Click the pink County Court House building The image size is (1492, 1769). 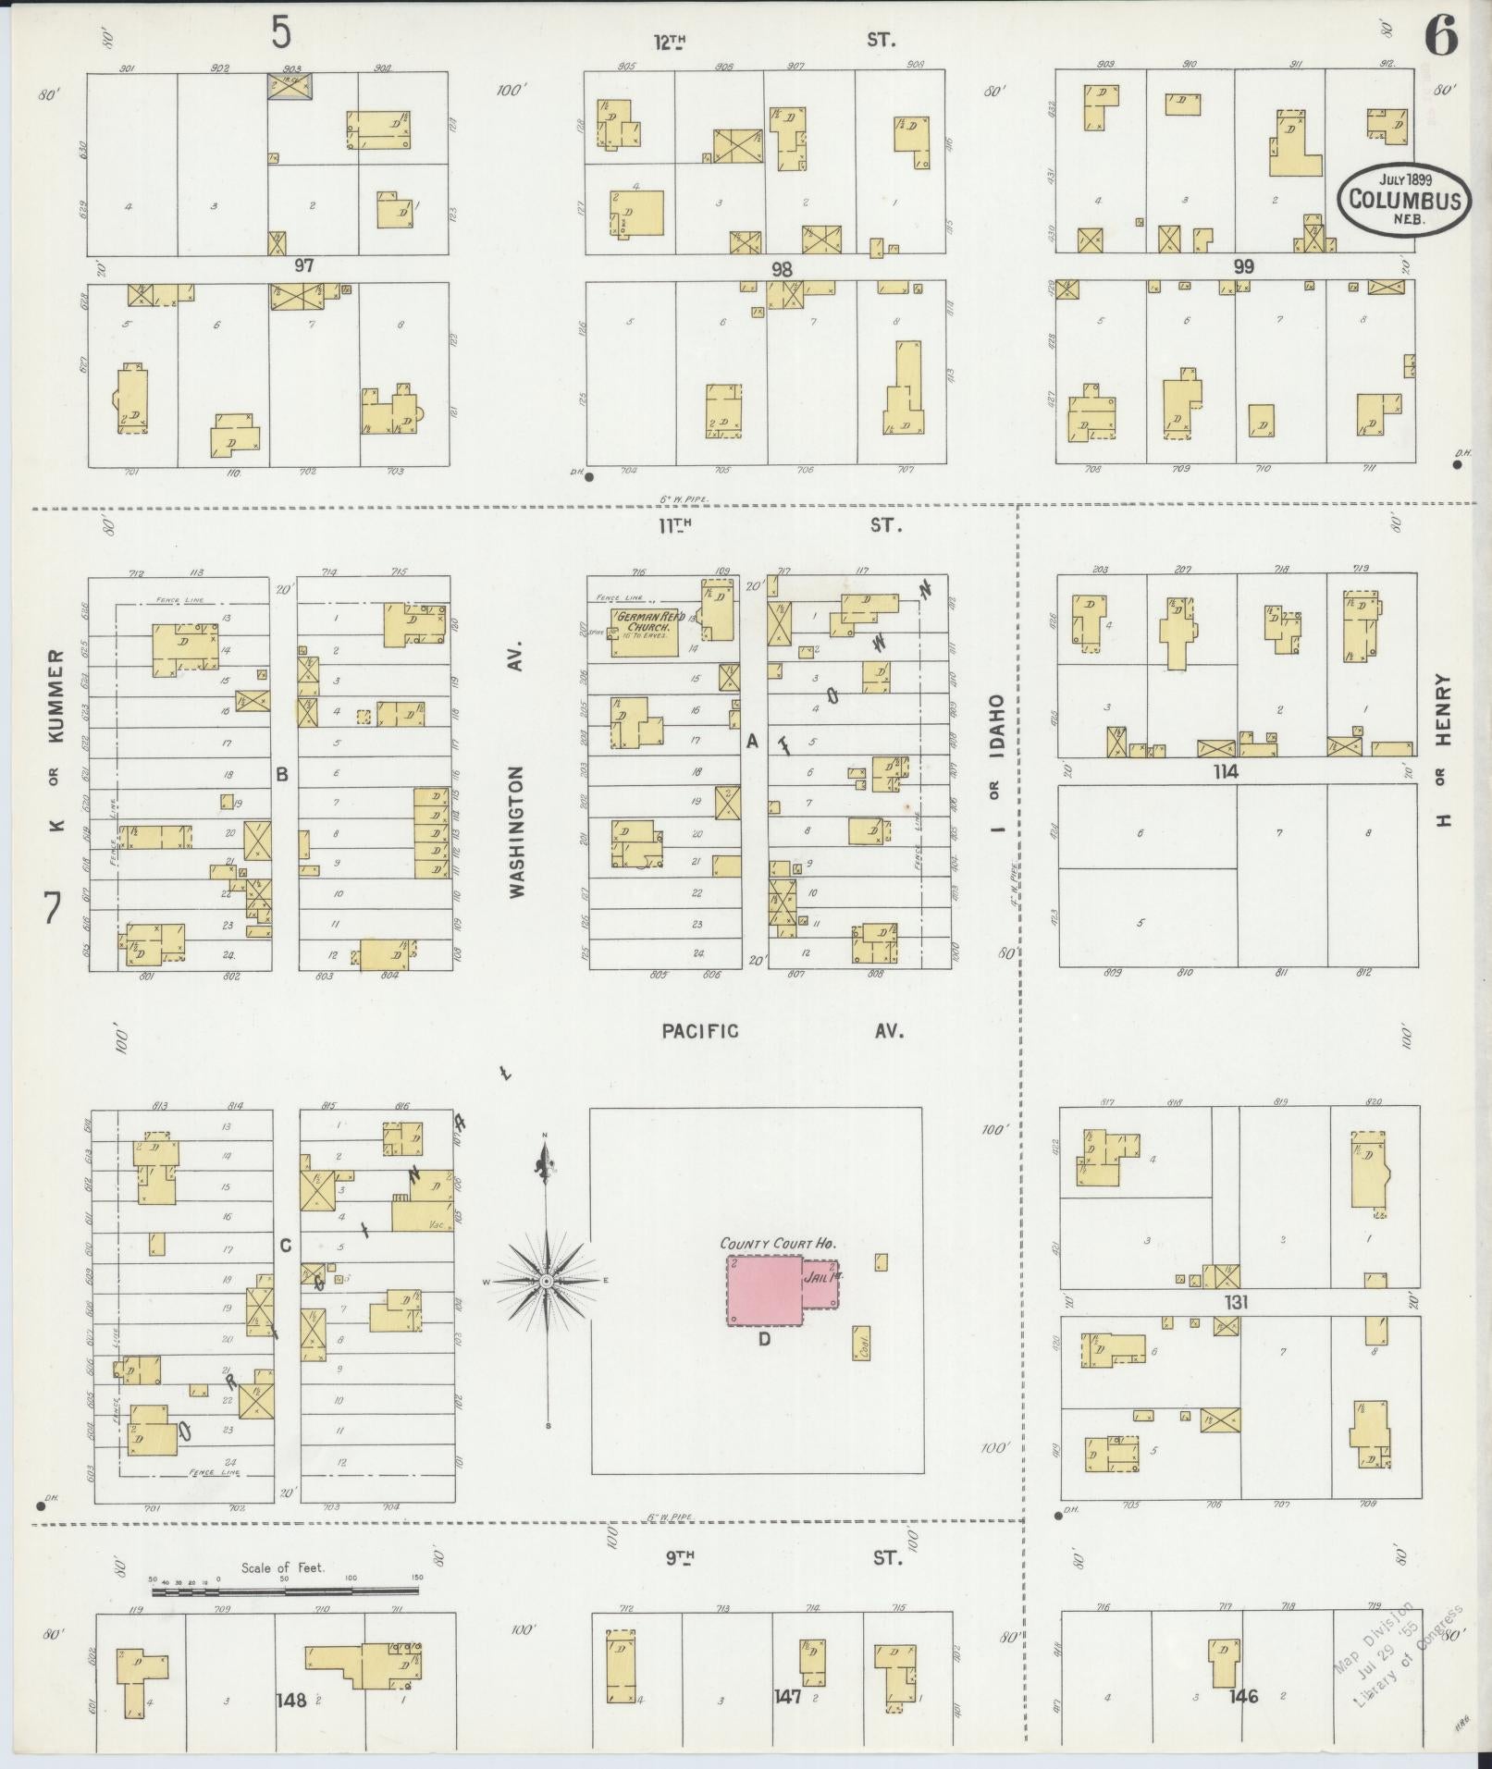[x=764, y=1290]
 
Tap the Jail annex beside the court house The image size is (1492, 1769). [x=820, y=1284]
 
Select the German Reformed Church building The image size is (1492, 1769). [x=643, y=632]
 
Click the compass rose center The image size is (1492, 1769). [x=547, y=1280]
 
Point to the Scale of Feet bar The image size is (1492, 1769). [x=285, y=1591]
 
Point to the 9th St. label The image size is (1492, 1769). [x=782, y=1557]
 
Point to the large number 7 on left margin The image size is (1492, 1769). [x=52, y=907]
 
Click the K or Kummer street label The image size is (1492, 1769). [x=55, y=740]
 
